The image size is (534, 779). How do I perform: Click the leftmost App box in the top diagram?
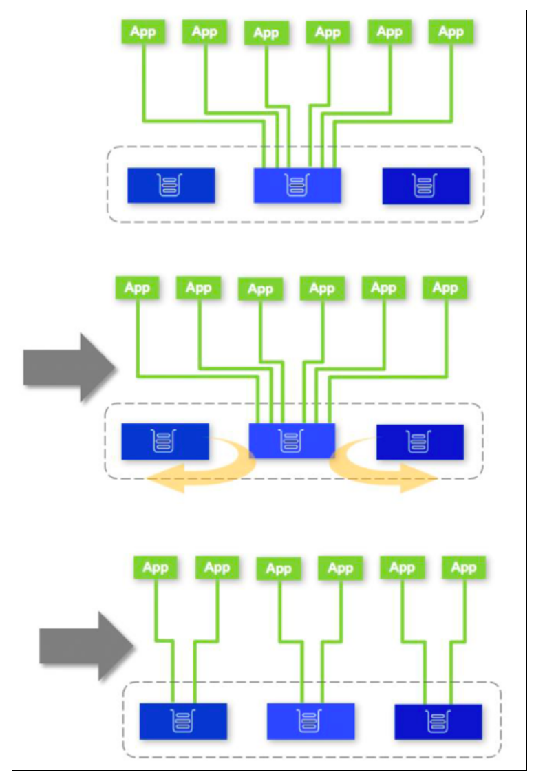(x=143, y=32)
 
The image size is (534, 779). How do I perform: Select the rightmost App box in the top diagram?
(x=451, y=32)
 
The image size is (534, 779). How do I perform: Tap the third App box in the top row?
(x=266, y=33)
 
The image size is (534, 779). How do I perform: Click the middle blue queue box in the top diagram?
(x=297, y=185)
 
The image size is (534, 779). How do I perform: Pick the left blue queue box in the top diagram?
(x=171, y=185)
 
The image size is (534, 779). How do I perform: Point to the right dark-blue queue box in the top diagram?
(x=426, y=186)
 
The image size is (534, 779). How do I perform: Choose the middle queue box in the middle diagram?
(x=291, y=440)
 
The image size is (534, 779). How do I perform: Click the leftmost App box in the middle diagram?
(x=137, y=288)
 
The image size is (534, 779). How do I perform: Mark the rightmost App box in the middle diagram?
(x=445, y=288)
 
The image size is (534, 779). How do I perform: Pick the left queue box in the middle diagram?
(x=164, y=441)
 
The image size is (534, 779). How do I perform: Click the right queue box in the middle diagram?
(x=420, y=442)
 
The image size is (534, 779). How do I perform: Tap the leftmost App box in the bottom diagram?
(x=155, y=568)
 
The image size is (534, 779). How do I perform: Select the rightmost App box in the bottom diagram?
(x=463, y=568)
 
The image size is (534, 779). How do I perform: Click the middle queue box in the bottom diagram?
(x=310, y=721)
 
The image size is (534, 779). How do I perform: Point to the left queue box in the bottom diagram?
(x=183, y=721)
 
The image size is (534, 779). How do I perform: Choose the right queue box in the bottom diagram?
(x=438, y=722)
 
